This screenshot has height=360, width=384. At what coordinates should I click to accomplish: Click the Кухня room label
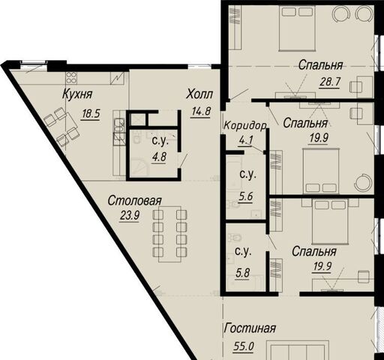77,94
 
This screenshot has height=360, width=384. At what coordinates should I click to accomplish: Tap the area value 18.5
91,114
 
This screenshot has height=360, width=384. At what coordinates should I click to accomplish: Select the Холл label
199,94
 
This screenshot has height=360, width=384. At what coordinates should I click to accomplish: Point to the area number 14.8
201,112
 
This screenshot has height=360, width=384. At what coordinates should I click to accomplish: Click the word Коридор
245,125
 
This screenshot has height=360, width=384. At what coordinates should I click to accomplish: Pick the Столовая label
135,201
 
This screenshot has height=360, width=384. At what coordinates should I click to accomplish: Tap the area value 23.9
130,215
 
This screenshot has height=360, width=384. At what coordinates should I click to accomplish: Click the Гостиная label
250,328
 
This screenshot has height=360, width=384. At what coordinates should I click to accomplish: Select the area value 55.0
244,346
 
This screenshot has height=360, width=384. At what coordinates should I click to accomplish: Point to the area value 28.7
330,82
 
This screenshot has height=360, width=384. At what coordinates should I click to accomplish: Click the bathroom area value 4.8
159,157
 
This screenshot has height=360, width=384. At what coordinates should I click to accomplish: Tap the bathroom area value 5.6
245,197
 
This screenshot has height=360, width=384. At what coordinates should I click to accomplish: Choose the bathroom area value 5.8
242,273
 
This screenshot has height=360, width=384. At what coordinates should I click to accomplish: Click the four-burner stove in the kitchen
71,77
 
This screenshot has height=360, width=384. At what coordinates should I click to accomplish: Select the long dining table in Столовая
170,234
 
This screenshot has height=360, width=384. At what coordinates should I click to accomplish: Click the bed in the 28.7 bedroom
297,28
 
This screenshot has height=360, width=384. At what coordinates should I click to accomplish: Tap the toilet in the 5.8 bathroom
235,237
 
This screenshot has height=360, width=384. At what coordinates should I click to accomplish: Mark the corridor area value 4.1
246,140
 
